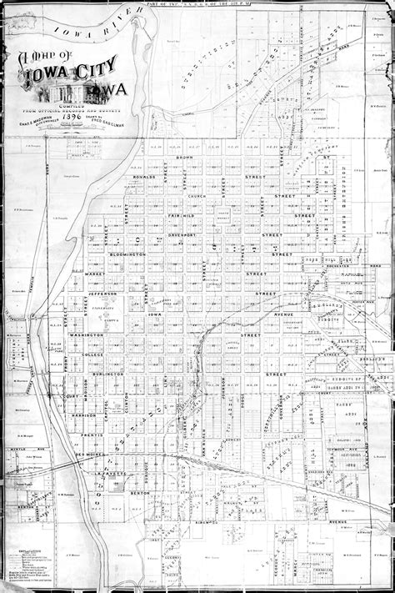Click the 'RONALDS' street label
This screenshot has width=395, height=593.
(142, 177)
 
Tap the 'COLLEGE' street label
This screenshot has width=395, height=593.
(92, 354)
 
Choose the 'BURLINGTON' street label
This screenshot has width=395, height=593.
(107, 374)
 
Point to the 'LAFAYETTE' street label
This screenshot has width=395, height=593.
(113, 474)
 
